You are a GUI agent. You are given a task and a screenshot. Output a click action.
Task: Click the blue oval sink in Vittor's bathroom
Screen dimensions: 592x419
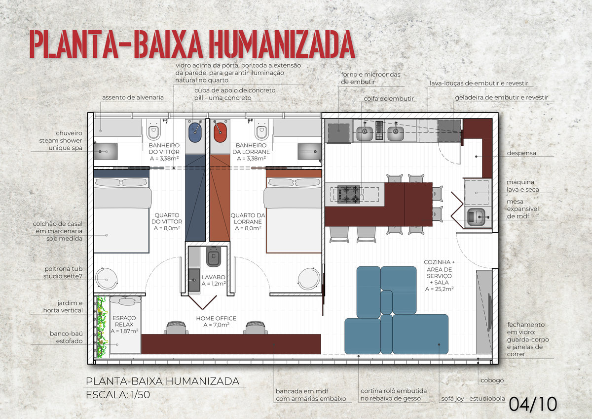click(x=195, y=132)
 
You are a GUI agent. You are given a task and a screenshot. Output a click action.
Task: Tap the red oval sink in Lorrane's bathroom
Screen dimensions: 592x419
click(x=220, y=132)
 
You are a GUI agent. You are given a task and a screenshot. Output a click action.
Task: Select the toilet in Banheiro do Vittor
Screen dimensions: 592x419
click(x=153, y=129)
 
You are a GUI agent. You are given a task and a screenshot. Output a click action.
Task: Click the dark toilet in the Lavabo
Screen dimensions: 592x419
click(x=213, y=257)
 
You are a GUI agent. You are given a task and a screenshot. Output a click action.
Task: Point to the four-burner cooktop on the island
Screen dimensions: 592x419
click(x=349, y=194)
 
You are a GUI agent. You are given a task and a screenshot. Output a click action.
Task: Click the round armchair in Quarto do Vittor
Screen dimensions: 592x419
click(x=106, y=279)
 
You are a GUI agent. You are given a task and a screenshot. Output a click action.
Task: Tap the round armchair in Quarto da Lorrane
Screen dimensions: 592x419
click(x=309, y=279)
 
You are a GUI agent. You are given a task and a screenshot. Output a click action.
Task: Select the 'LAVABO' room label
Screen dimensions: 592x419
click(x=214, y=277)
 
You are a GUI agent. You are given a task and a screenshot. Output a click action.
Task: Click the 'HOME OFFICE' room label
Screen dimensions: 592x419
click(x=216, y=318)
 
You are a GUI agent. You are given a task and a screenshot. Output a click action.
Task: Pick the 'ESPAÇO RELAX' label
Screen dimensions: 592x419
click(x=124, y=321)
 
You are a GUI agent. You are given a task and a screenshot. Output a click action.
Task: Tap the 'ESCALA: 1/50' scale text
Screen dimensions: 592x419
click(x=118, y=395)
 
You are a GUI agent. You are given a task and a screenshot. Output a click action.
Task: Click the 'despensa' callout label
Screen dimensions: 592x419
click(x=521, y=153)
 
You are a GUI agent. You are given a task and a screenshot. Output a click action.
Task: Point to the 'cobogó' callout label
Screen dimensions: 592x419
click(x=492, y=380)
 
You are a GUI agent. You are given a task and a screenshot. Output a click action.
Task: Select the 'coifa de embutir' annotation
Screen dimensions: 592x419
click(x=389, y=98)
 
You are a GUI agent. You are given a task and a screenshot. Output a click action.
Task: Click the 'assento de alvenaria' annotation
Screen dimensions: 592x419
click(x=133, y=97)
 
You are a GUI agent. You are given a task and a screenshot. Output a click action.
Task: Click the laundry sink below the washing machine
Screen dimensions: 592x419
click(x=477, y=217)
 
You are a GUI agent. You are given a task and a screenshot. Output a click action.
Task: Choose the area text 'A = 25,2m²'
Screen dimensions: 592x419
click(x=439, y=289)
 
